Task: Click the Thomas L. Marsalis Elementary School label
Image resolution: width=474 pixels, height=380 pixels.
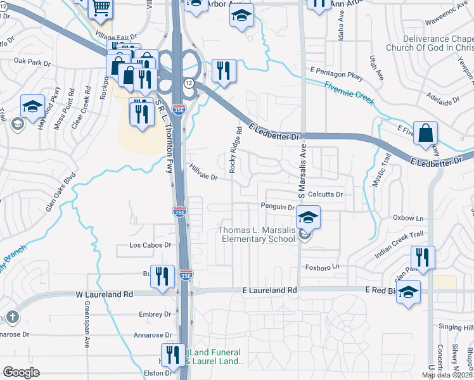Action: point(257,234)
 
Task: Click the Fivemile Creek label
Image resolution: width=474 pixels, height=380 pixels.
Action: point(349,93)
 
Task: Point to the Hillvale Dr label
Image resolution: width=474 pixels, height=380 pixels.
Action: point(203,172)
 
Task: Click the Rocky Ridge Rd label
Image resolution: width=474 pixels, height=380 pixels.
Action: point(236,150)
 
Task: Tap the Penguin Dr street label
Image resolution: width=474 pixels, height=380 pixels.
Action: point(278,206)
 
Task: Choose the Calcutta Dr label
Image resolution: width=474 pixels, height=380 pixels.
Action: point(325,194)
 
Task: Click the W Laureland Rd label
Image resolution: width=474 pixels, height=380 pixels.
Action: point(105,294)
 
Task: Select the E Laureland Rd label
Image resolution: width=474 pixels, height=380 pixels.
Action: point(270,290)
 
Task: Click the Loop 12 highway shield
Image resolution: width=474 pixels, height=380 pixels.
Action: point(189,84)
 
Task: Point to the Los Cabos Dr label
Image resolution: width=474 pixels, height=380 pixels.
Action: point(150,244)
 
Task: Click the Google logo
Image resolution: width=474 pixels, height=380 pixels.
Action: point(21,372)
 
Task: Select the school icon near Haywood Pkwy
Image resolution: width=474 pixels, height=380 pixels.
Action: point(32,107)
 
